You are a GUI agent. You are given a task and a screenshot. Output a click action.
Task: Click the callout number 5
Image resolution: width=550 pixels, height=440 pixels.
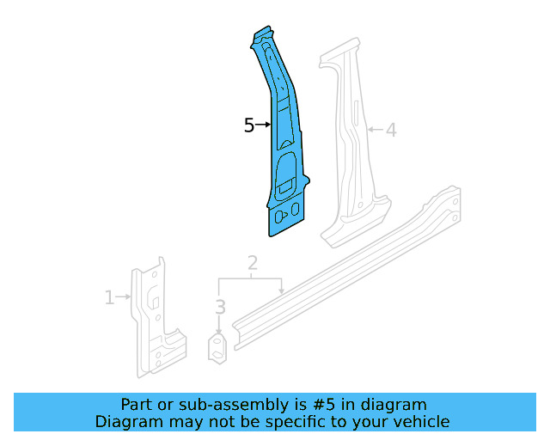coord(249,125)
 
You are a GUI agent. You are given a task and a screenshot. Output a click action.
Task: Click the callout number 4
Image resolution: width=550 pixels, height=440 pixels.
coord(391,131)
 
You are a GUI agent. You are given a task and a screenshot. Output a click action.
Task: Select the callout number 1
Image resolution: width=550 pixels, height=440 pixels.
coord(109,298)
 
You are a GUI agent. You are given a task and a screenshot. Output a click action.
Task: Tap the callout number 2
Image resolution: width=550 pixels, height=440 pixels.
coord(252,263)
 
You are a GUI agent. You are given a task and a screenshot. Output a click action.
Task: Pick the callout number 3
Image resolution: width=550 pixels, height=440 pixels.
coord(220,307)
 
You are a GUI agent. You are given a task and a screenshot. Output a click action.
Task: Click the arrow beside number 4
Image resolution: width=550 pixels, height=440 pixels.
coord(375,131)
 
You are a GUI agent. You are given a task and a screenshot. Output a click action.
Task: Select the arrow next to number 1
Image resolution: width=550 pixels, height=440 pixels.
coord(123,298)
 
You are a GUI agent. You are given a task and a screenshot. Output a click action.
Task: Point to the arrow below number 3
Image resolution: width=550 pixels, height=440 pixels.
coord(220,326)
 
